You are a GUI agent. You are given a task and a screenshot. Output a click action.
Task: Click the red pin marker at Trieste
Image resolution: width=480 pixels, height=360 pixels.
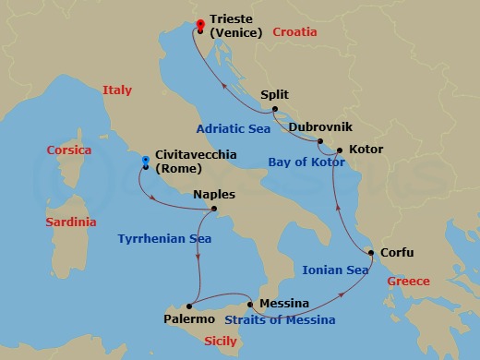click(200, 24)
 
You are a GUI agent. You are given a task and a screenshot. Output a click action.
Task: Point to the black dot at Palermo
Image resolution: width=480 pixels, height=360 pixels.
click(188, 306)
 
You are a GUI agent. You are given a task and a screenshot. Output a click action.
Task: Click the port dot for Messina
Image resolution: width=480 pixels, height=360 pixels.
click(250, 304)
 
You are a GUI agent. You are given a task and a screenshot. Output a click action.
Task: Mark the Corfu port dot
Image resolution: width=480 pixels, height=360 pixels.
click(371, 253)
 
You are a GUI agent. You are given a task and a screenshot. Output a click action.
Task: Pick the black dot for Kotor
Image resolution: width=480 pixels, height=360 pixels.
click(341, 150)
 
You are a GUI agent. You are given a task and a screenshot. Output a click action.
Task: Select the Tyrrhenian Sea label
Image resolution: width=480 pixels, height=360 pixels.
click(164, 239)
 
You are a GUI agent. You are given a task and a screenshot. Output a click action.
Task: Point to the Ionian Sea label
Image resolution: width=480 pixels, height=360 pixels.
click(335, 270)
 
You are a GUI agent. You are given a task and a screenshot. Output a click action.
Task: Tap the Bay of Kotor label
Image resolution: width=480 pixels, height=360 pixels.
click(306, 162)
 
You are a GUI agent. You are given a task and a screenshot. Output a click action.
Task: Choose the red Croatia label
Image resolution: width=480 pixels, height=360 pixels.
click(294, 31)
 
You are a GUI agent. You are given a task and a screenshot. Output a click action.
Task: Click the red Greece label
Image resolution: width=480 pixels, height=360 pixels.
click(408, 281)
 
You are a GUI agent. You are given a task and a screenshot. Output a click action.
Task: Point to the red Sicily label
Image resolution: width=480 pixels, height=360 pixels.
click(220, 342)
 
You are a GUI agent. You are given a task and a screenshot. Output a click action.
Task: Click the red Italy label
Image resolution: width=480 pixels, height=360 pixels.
click(116, 90)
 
